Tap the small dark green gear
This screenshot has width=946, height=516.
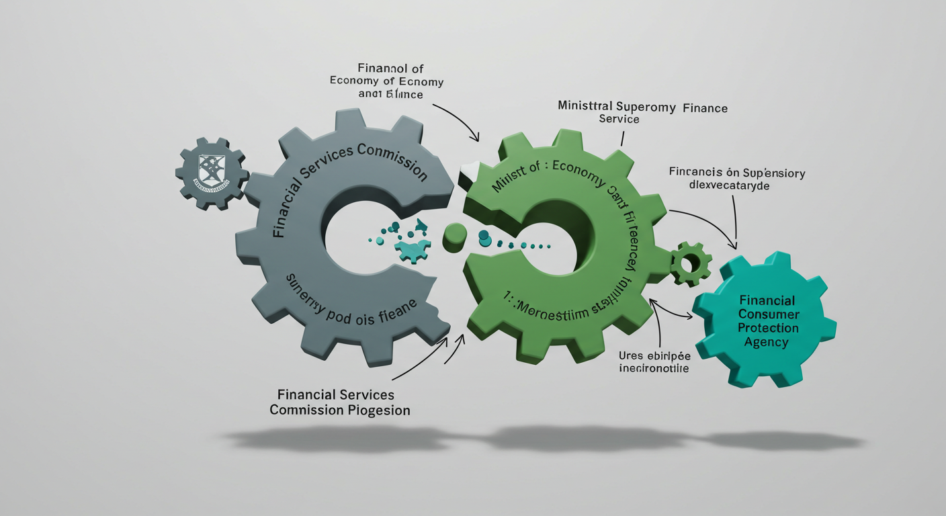[x=691, y=263]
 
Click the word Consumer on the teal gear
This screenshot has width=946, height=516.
[x=768, y=314]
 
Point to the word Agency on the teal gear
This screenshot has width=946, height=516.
[x=767, y=342]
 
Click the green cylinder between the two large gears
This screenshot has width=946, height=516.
[x=455, y=236]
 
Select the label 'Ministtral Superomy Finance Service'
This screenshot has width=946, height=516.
[x=642, y=113]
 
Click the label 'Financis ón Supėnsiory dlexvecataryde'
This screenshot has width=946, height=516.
[x=737, y=179]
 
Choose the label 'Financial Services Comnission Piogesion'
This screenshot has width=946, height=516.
[x=340, y=402]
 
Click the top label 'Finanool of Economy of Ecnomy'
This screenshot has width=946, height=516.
[x=386, y=81]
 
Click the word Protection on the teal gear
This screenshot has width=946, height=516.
[x=768, y=328]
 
